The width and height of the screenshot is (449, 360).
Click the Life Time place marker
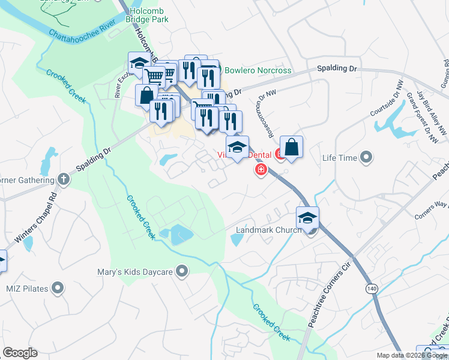click(367, 158)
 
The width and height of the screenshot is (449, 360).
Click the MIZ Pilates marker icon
click(58, 288)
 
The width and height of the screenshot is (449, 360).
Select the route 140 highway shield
click(372, 289)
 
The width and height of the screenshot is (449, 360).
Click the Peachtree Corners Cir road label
click(329, 292)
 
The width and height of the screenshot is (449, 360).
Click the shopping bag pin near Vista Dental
click(291, 148)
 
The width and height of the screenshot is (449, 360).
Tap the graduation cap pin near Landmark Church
click(307, 218)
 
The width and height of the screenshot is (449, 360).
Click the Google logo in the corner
click(20, 353)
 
